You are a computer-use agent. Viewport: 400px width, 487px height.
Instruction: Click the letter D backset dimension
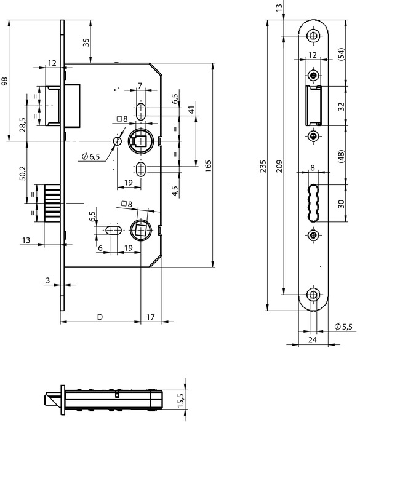click(x=100, y=317)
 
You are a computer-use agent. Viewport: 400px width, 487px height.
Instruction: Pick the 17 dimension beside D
click(x=151, y=317)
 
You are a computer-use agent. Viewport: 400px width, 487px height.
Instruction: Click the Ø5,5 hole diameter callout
click(x=343, y=327)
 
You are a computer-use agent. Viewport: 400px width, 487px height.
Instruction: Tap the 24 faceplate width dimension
click(x=312, y=339)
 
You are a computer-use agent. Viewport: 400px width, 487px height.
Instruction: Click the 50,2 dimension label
click(x=22, y=173)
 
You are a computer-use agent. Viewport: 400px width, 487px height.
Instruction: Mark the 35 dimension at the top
click(x=86, y=42)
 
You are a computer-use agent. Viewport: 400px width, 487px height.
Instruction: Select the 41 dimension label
click(x=191, y=109)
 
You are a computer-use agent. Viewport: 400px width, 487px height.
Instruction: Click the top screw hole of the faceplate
click(x=314, y=35)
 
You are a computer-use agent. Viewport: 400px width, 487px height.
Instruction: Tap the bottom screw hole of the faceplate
click(x=314, y=295)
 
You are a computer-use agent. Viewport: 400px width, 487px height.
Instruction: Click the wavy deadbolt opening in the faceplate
click(x=313, y=202)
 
